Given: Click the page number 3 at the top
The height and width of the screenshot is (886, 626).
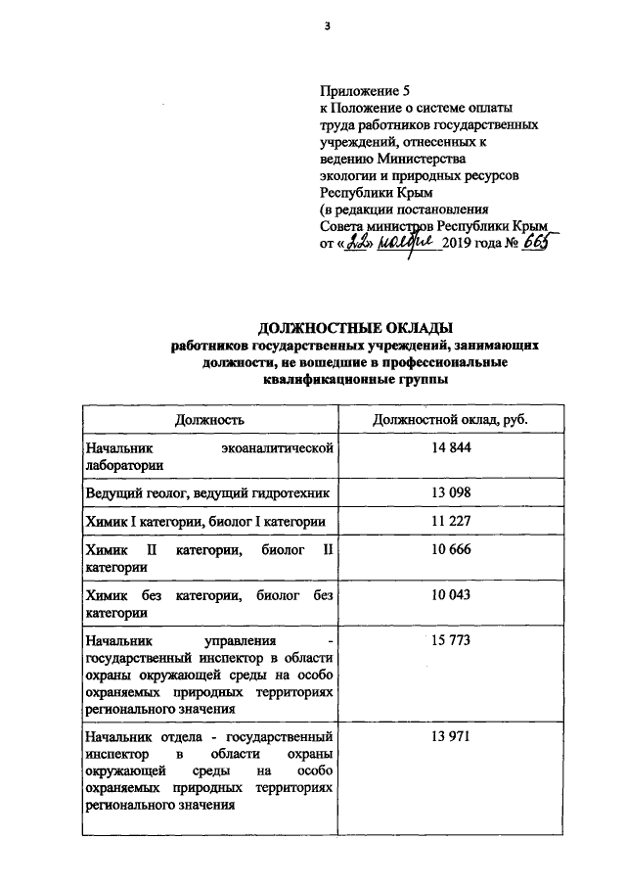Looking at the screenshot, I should (x=327, y=26).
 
